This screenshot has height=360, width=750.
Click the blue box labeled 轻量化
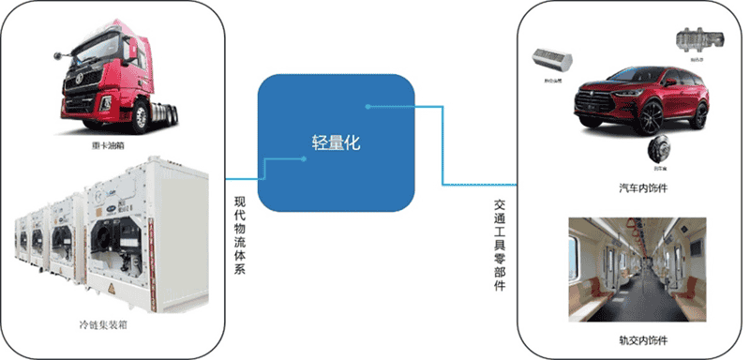pyautogui.click(x=337, y=142)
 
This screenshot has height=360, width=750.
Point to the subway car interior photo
pyautogui.click(x=637, y=271)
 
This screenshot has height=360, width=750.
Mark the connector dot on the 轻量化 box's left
pyautogui.click(x=305, y=158)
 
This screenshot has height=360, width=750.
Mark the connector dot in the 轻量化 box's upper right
pyautogui.click(x=368, y=106)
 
